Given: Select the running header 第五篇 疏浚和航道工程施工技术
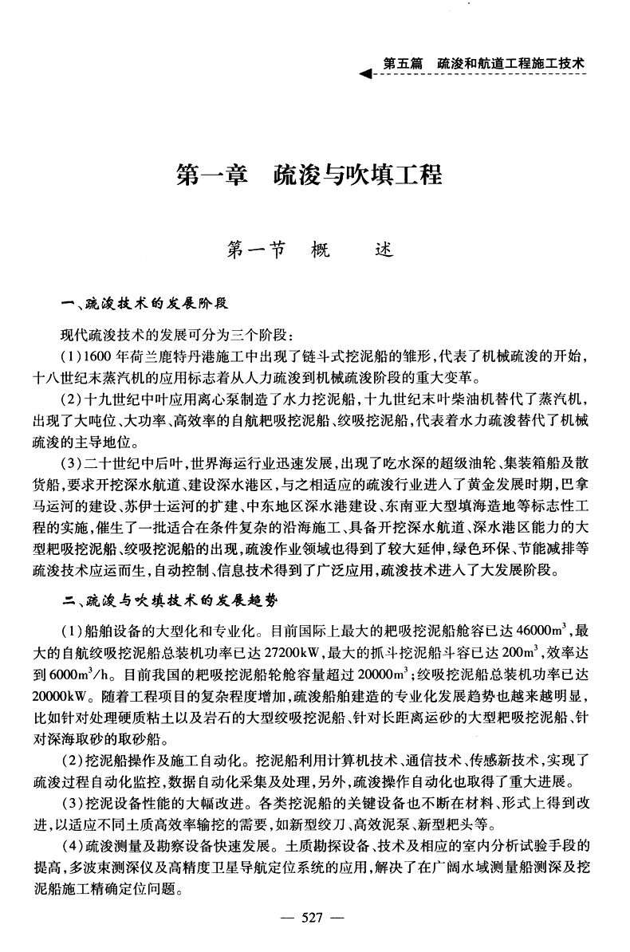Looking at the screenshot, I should (x=484, y=61).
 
